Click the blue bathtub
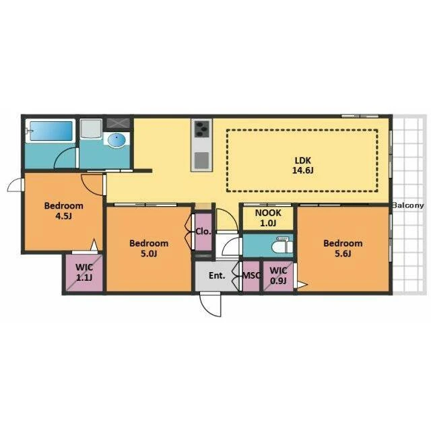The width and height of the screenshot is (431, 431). [51, 131]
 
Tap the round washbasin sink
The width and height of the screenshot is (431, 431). [117, 140]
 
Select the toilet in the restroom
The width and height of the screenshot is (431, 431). [282, 244]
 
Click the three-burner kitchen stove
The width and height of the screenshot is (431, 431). [202, 129]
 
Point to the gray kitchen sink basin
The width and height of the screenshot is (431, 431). [202, 160]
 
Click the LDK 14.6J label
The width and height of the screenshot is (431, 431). [302, 165]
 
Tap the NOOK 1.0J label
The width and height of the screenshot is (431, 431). [268, 218]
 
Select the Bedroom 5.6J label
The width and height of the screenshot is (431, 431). [343, 248]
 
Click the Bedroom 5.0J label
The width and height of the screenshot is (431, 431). [149, 248]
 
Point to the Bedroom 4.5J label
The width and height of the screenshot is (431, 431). [64, 211]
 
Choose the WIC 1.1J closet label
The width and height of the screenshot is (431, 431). [84, 272]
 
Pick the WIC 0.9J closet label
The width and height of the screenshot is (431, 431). [278, 275]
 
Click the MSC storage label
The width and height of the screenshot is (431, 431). [251, 275]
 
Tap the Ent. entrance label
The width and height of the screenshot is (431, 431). [217, 275]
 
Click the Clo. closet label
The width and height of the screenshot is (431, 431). [203, 232]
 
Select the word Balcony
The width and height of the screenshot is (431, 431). [408, 205]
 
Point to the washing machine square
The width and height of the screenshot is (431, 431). [91, 129]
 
